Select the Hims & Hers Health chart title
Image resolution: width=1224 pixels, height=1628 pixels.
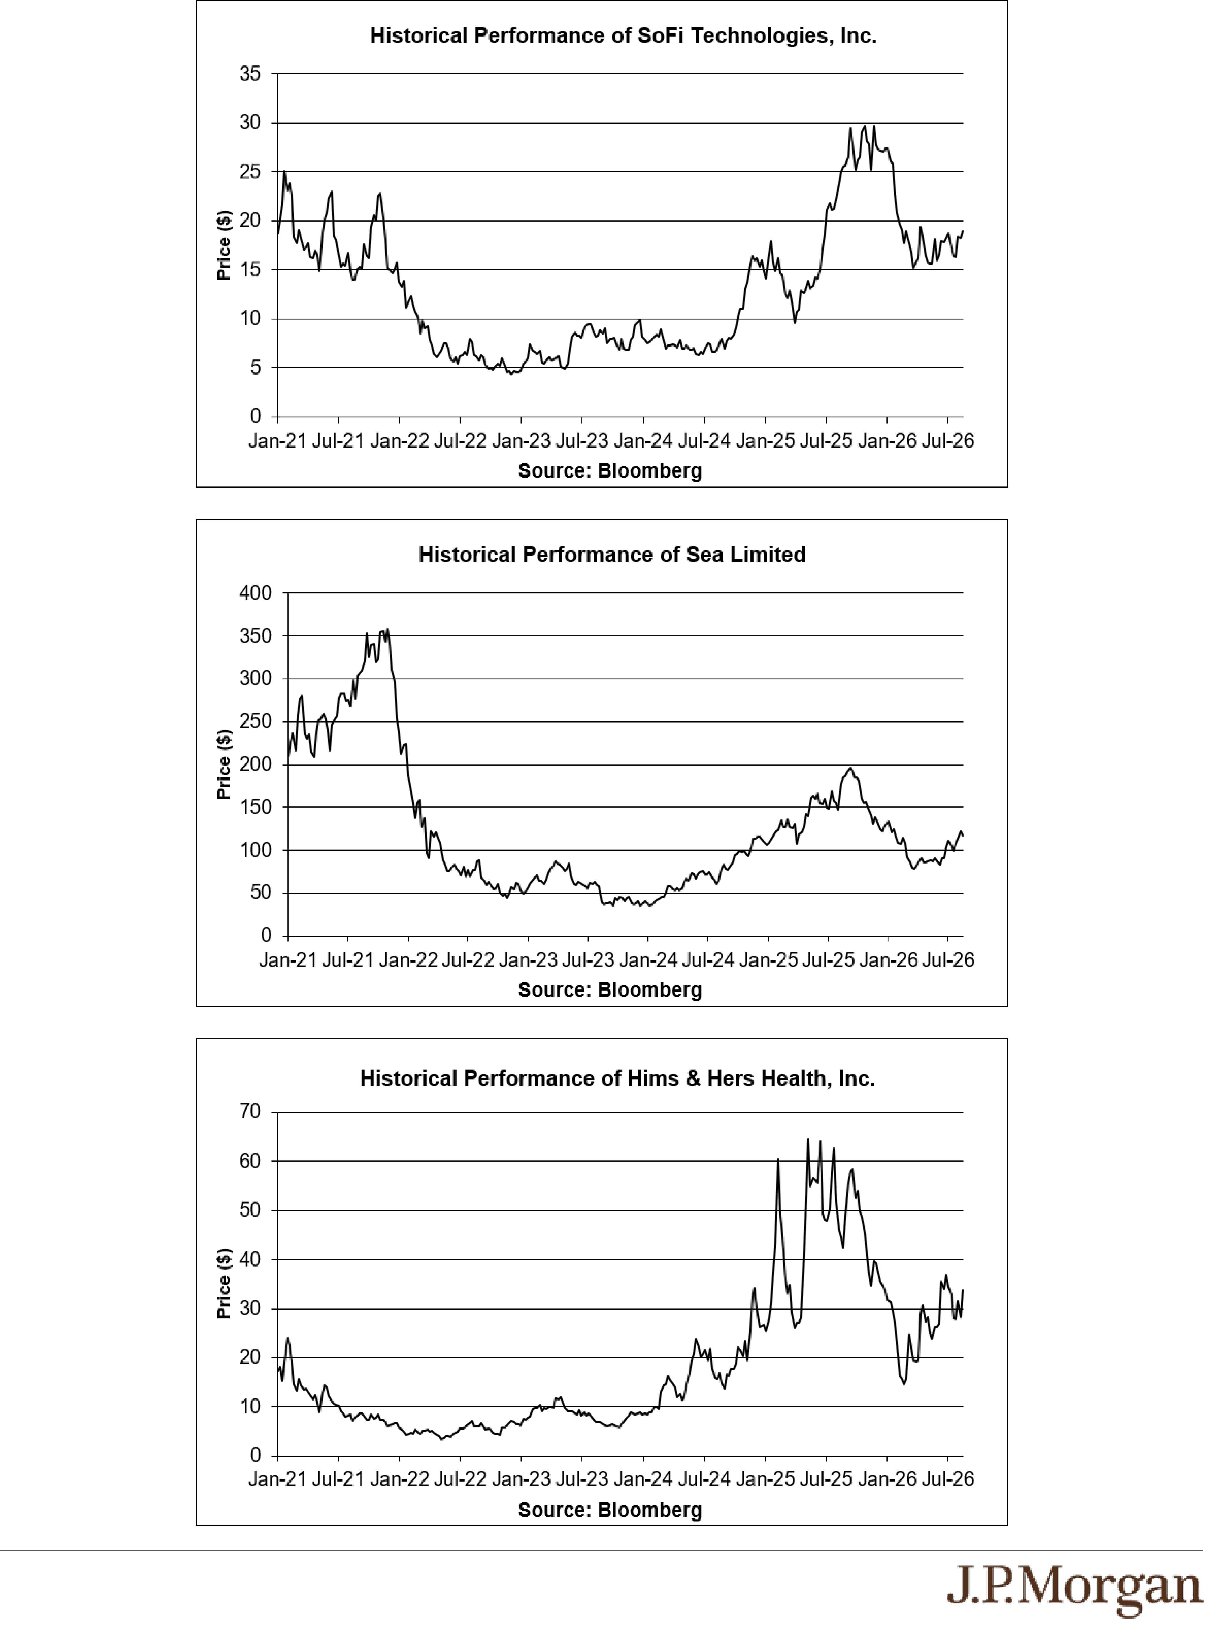[x=617, y=1079]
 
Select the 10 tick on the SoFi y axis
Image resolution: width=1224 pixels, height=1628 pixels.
[x=250, y=319]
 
